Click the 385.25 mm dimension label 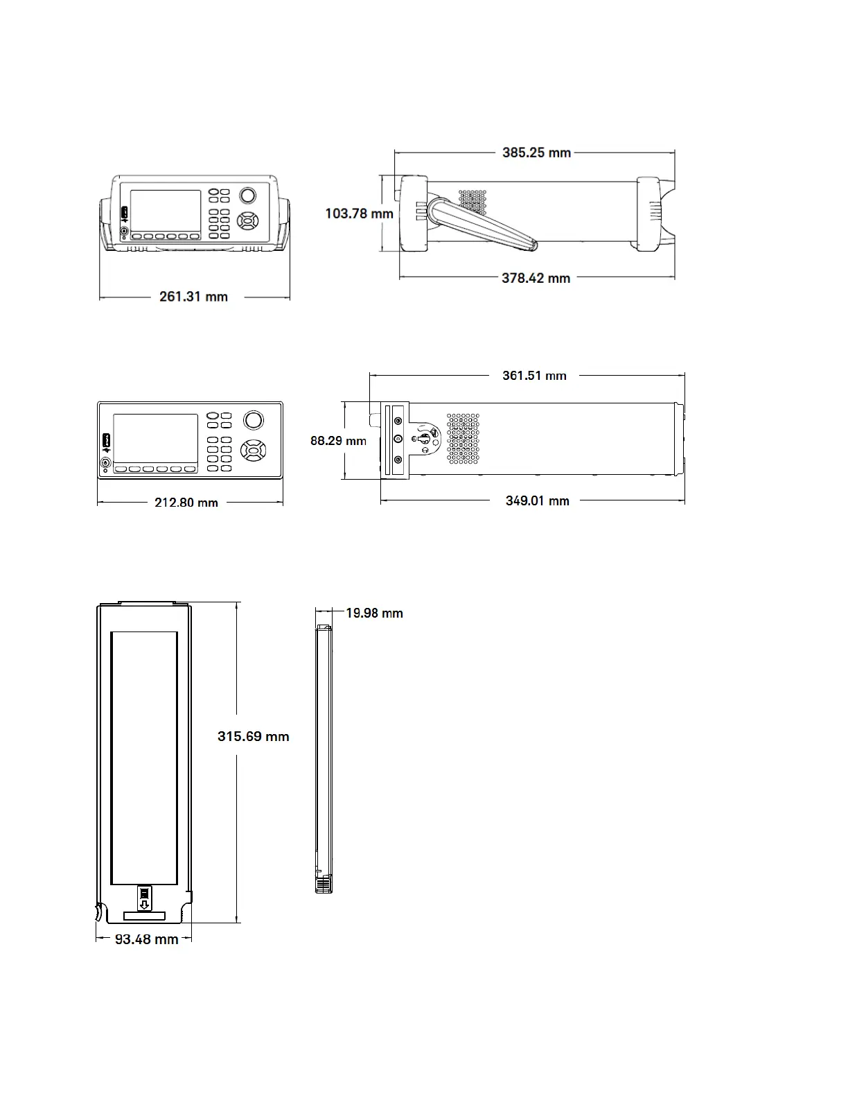point(536,152)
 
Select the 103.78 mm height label point(359,214)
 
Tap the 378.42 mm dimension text point(536,278)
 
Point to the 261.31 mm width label point(193,297)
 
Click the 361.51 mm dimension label point(534,376)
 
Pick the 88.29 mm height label point(338,440)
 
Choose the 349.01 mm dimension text point(537,500)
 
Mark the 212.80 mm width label point(186,503)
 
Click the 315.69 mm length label point(253,736)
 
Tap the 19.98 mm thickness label point(374,613)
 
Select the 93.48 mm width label point(146,939)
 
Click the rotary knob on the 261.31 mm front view point(247,195)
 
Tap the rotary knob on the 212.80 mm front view point(253,420)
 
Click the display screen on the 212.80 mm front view point(155,439)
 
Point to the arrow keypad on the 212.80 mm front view point(253,451)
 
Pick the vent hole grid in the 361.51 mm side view point(463,439)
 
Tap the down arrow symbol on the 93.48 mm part point(144,905)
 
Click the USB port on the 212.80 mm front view point(106,440)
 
